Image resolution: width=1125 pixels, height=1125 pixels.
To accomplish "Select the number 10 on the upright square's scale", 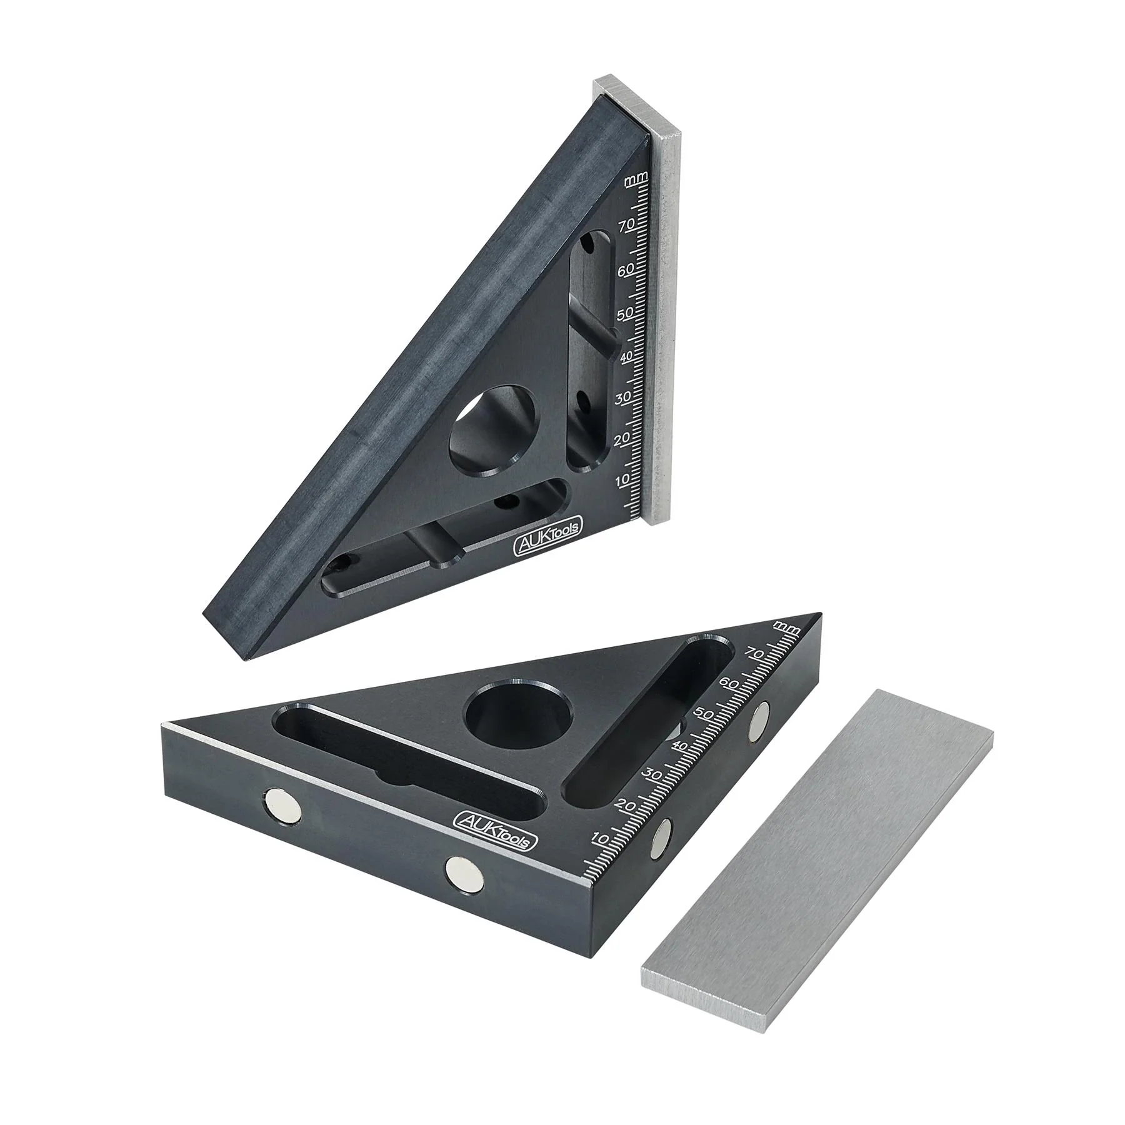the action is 623,481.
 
